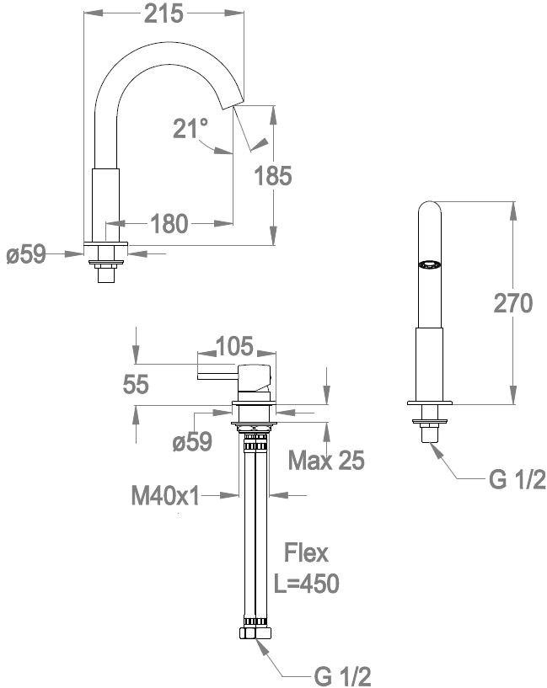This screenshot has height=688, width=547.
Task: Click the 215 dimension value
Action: point(164,14)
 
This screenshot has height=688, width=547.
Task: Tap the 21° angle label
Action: point(190,128)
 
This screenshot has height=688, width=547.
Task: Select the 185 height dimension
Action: point(273,176)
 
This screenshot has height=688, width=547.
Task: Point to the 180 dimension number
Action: point(169,224)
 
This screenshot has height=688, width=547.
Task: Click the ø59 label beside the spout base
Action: point(26,254)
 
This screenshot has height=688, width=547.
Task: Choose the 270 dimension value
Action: point(512,303)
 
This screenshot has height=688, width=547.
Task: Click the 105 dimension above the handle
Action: point(235,346)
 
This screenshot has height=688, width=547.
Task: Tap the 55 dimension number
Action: point(136,384)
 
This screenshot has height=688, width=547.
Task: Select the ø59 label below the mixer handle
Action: point(192,441)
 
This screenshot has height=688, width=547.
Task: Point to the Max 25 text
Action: point(326,461)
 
